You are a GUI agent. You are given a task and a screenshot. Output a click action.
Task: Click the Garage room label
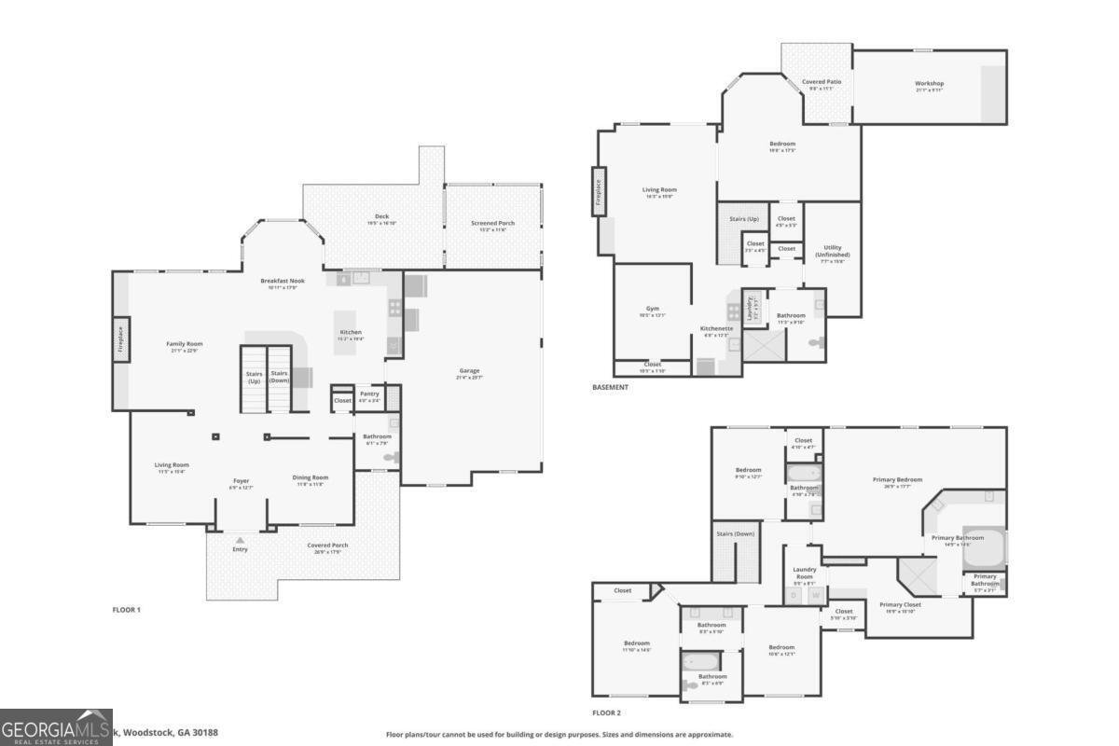pos(468,370)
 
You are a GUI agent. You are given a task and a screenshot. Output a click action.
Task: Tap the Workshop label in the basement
pos(929,84)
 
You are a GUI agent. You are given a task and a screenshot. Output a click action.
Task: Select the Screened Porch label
pos(492,223)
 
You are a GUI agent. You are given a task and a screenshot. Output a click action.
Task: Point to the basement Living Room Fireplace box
pos(599,192)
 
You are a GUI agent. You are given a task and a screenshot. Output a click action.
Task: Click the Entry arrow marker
pos(241,540)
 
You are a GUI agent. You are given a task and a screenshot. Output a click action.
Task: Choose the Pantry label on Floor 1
pos(369,394)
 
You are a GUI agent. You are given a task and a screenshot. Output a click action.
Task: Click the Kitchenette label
pos(717,328)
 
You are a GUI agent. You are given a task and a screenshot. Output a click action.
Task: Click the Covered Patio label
pos(822,82)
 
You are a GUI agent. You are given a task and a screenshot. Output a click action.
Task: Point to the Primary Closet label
pos(900,604)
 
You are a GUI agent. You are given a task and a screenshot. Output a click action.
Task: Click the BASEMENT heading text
pos(610,387)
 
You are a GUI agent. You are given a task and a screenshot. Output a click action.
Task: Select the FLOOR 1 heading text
pos(126,610)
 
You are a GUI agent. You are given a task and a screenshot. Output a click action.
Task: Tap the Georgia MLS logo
pos(56,727)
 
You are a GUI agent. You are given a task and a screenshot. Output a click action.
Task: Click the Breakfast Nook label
pos(283,281)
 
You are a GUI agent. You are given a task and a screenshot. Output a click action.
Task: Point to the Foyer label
pos(241,481)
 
